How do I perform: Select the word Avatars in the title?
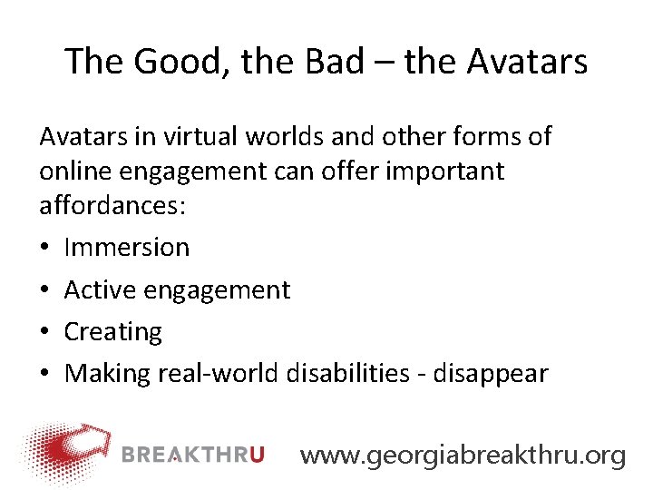click(527, 62)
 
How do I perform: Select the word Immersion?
click(127, 247)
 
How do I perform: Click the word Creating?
click(112, 332)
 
